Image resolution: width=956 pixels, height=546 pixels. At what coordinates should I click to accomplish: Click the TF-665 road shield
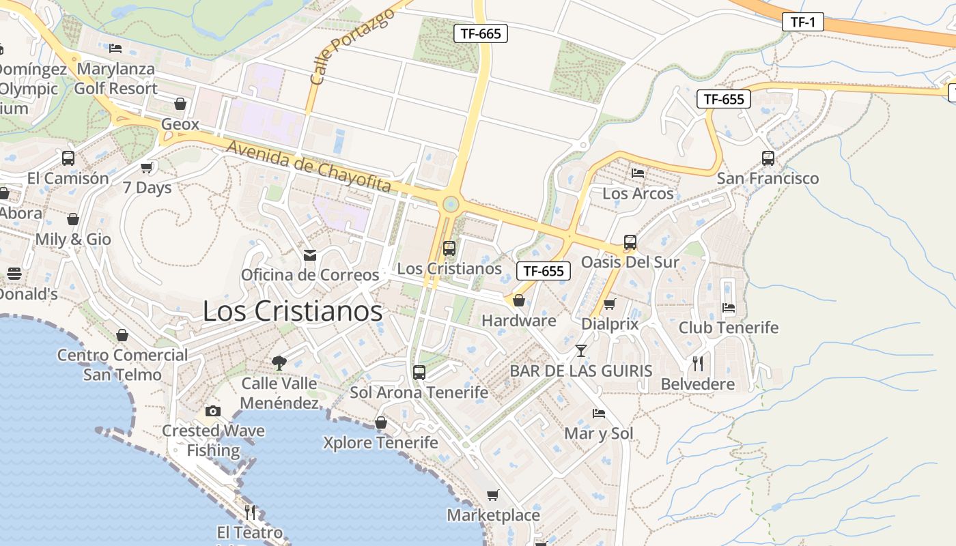pos(481,33)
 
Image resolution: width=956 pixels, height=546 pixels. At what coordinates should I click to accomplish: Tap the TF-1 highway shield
pos(803,22)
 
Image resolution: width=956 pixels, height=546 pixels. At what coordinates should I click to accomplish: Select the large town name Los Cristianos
pos(293,311)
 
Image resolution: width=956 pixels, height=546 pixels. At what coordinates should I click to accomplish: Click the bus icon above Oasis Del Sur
pos(630,242)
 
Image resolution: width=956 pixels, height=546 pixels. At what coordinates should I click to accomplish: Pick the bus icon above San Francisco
pos(768,158)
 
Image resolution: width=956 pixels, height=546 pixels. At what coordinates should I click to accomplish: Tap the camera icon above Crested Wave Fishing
pos(213,411)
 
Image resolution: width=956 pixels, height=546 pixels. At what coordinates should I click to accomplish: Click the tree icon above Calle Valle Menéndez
pos(279,362)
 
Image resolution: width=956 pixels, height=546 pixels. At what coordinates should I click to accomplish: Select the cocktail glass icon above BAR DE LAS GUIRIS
pos(580,351)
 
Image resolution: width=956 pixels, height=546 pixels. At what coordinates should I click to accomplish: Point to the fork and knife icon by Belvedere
pos(697,363)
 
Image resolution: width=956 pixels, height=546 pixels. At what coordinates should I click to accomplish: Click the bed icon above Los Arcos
pos(638,173)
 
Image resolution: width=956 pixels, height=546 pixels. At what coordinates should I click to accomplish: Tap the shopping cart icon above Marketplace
pos(493,495)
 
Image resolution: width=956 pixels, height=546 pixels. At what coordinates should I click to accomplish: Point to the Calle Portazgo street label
pos(352,47)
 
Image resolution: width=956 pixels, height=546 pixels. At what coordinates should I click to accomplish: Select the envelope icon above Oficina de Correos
pos(310,255)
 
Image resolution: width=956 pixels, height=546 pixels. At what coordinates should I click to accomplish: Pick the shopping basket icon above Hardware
pos(519,300)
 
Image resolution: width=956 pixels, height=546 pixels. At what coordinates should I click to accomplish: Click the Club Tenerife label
pos(728,328)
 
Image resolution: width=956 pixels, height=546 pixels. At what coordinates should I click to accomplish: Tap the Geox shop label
pos(180,124)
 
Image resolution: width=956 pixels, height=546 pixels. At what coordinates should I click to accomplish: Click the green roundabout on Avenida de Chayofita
pos(450,204)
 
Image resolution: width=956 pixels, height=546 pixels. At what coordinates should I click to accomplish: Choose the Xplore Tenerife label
pos(380,443)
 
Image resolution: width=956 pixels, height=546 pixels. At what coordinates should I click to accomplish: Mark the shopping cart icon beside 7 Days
pos(147,167)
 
